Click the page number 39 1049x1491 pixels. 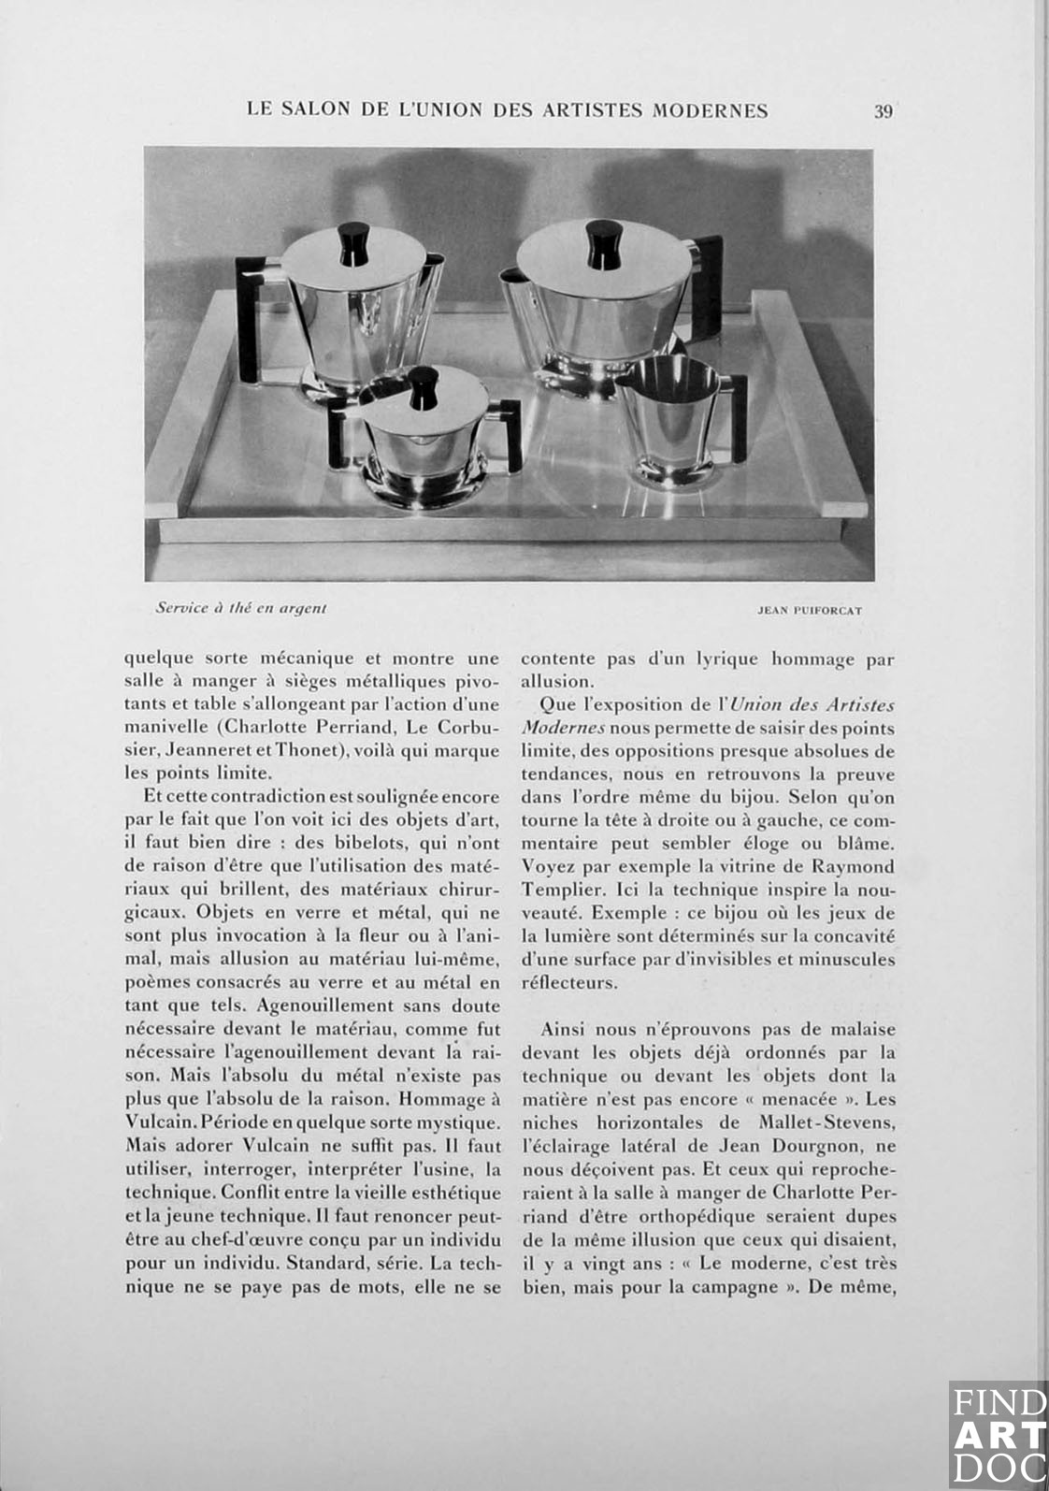click(884, 111)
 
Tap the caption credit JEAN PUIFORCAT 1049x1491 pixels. click(810, 610)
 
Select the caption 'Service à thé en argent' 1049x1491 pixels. click(241, 608)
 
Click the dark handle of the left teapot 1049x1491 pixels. click(251, 318)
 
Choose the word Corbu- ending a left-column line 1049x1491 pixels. click(468, 727)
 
